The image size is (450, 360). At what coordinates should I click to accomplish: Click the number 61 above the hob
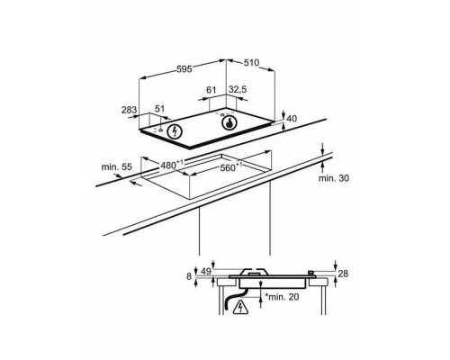point(212,89)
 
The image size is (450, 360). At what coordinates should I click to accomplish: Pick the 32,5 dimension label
point(238,89)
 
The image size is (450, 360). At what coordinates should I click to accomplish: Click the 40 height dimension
point(291,119)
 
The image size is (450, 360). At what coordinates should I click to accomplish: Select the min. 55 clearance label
point(117,167)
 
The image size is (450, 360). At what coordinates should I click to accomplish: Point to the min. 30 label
point(332,178)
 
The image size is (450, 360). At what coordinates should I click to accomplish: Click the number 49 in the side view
point(206,272)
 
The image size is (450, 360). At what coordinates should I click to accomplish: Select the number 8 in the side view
point(190,277)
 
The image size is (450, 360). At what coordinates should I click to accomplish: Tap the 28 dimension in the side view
point(343,272)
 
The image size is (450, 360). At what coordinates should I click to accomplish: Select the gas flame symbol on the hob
point(231,124)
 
